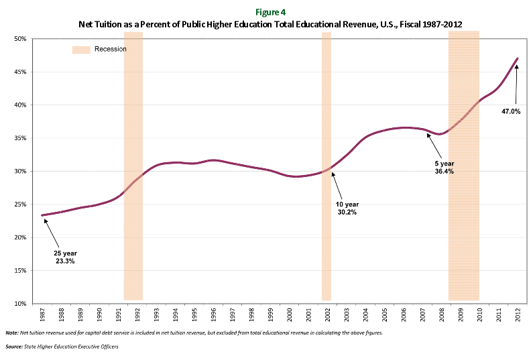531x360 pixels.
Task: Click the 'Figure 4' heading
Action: [265, 11]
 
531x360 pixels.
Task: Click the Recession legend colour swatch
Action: [80, 50]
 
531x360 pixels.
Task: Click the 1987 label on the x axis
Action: [42, 313]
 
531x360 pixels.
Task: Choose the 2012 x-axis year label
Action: [517, 313]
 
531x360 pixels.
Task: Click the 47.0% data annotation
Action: [512, 111]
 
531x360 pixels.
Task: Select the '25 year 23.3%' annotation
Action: [65, 257]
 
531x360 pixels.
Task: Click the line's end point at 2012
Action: [518, 58]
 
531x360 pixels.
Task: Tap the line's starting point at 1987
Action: [42, 215]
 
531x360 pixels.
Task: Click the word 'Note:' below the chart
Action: [11, 333]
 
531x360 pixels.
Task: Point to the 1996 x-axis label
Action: [213, 313]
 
